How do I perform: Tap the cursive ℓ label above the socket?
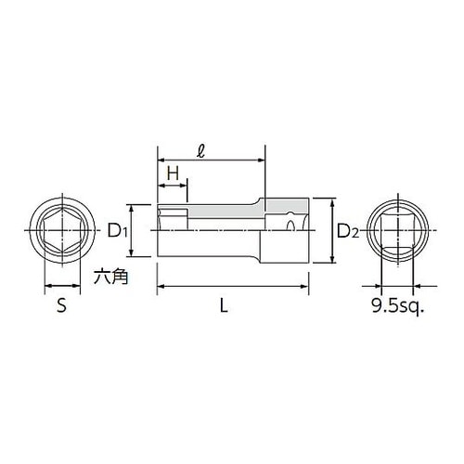(200, 150)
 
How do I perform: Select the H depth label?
(172, 173)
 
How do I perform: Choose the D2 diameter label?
(345, 229)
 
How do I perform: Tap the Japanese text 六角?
(110, 276)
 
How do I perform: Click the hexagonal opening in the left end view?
(62, 228)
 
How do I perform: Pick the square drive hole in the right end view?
(397, 228)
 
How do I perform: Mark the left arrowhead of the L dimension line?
(160, 287)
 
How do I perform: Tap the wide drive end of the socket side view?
(286, 229)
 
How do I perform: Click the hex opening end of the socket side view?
(171, 229)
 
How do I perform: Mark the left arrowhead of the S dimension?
(46, 287)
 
